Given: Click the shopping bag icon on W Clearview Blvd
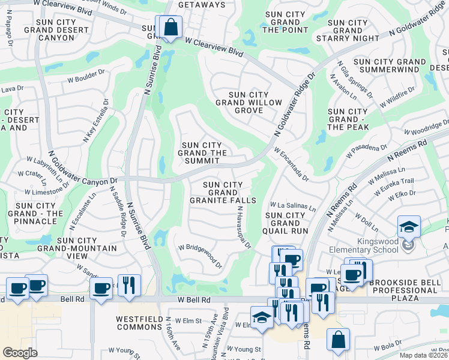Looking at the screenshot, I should (x=170, y=28).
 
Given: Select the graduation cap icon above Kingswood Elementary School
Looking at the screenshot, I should (x=409, y=227).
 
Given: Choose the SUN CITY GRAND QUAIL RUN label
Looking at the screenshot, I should (x=286, y=223).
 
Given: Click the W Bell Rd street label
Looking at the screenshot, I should (x=194, y=299).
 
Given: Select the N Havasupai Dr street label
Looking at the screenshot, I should (x=243, y=228).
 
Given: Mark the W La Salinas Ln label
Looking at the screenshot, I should (x=292, y=206).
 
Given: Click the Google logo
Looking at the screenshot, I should (x=20, y=352).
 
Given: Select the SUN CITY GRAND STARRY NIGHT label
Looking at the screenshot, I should (x=348, y=31).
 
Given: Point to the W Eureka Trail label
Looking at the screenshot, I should (x=395, y=183).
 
